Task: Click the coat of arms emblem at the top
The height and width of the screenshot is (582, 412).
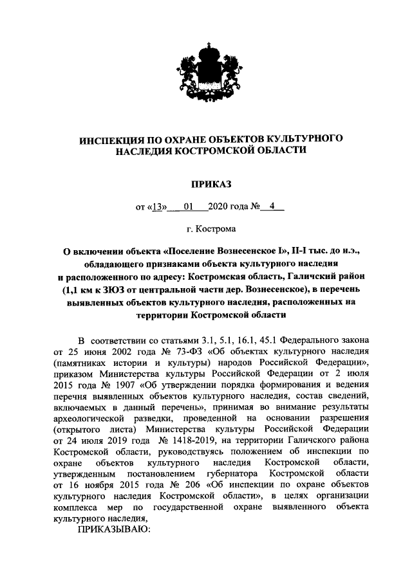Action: point(206,78)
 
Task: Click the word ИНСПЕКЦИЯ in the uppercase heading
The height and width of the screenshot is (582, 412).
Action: point(113,138)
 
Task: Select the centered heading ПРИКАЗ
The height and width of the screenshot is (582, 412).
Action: point(206,185)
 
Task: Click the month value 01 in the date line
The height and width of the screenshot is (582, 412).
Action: point(188,207)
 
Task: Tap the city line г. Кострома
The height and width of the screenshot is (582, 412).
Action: point(206,229)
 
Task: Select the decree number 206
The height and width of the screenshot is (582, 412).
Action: point(168,483)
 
